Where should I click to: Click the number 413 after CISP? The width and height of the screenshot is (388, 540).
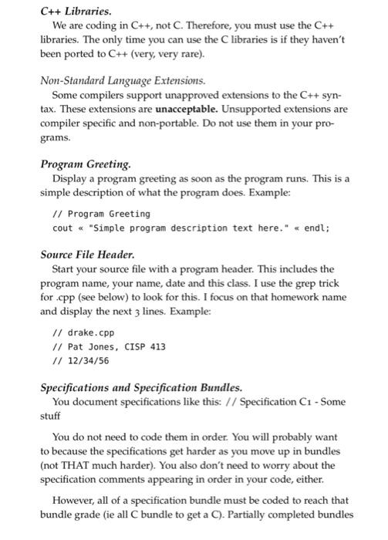[x=157, y=346]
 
